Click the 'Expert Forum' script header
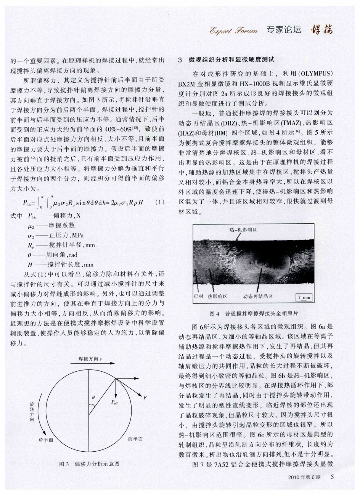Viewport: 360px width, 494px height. (233, 30)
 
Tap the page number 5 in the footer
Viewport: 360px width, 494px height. (332, 477)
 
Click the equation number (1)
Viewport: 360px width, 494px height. (160, 202)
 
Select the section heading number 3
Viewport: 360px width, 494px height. (180, 60)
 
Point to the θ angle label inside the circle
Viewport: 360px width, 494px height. (93, 396)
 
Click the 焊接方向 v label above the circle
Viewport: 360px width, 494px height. (89, 359)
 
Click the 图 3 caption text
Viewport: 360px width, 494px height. (90, 464)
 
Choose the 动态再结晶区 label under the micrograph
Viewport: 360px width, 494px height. (257, 296)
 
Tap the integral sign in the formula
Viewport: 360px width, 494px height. (37, 203)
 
